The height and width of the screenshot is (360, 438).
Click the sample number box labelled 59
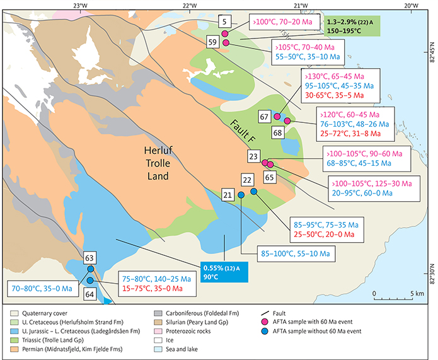pyautogui.click(x=212, y=42)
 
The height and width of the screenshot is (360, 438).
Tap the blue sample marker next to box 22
pyautogui.click(x=254, y=191)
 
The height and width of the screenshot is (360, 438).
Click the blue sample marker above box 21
pyautogui.click(x=241, y=195)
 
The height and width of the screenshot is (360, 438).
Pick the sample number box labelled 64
pyautogui.click(x=89, y=294)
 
